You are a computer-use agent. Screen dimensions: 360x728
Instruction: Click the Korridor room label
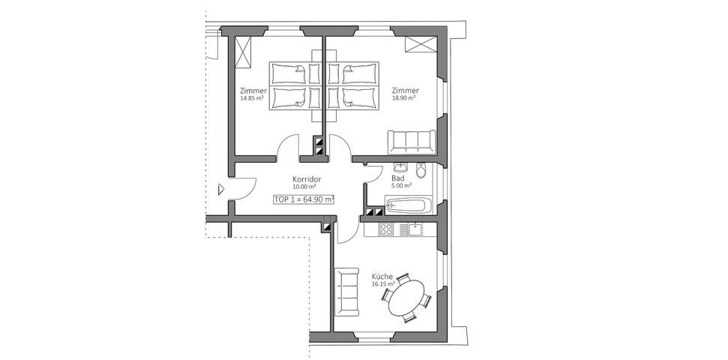point(307,179)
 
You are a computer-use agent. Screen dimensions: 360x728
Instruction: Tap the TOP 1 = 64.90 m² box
point(304,199)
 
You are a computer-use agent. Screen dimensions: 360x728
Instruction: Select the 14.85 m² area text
point(253,98)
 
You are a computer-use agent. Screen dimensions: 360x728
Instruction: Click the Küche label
point(382,276)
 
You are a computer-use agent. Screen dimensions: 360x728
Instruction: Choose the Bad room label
point(398,178)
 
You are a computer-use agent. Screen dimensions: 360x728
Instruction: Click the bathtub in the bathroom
point(409,205)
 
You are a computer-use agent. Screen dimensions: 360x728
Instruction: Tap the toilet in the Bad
point(421,170)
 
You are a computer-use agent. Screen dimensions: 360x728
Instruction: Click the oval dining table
point(406,298)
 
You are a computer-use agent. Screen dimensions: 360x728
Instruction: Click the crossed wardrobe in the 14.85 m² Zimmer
point(244,51)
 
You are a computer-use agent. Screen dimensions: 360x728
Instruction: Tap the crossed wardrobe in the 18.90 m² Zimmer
point(418,44)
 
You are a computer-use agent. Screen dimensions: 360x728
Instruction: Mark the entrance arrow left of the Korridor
point(221,189)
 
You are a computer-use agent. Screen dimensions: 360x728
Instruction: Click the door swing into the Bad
point(373,172)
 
